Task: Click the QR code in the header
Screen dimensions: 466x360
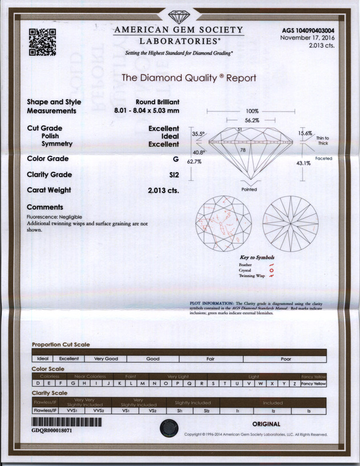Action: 43,42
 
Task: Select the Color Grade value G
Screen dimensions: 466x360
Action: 176,158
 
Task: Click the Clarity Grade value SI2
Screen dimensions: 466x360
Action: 173,174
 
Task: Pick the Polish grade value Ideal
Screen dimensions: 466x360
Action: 171,137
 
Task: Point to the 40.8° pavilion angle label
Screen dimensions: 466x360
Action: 198,152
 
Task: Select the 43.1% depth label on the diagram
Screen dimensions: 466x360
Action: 302,163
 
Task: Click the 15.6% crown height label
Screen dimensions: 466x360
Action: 305,133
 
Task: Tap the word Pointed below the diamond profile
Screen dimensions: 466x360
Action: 249,189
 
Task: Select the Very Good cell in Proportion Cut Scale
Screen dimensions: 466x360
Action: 107,359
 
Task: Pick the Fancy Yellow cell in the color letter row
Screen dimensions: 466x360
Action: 313,385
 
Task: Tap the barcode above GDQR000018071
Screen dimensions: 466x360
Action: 67,422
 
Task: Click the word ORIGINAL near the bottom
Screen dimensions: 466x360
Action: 266,424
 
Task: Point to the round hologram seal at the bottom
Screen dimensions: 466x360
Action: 169,427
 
